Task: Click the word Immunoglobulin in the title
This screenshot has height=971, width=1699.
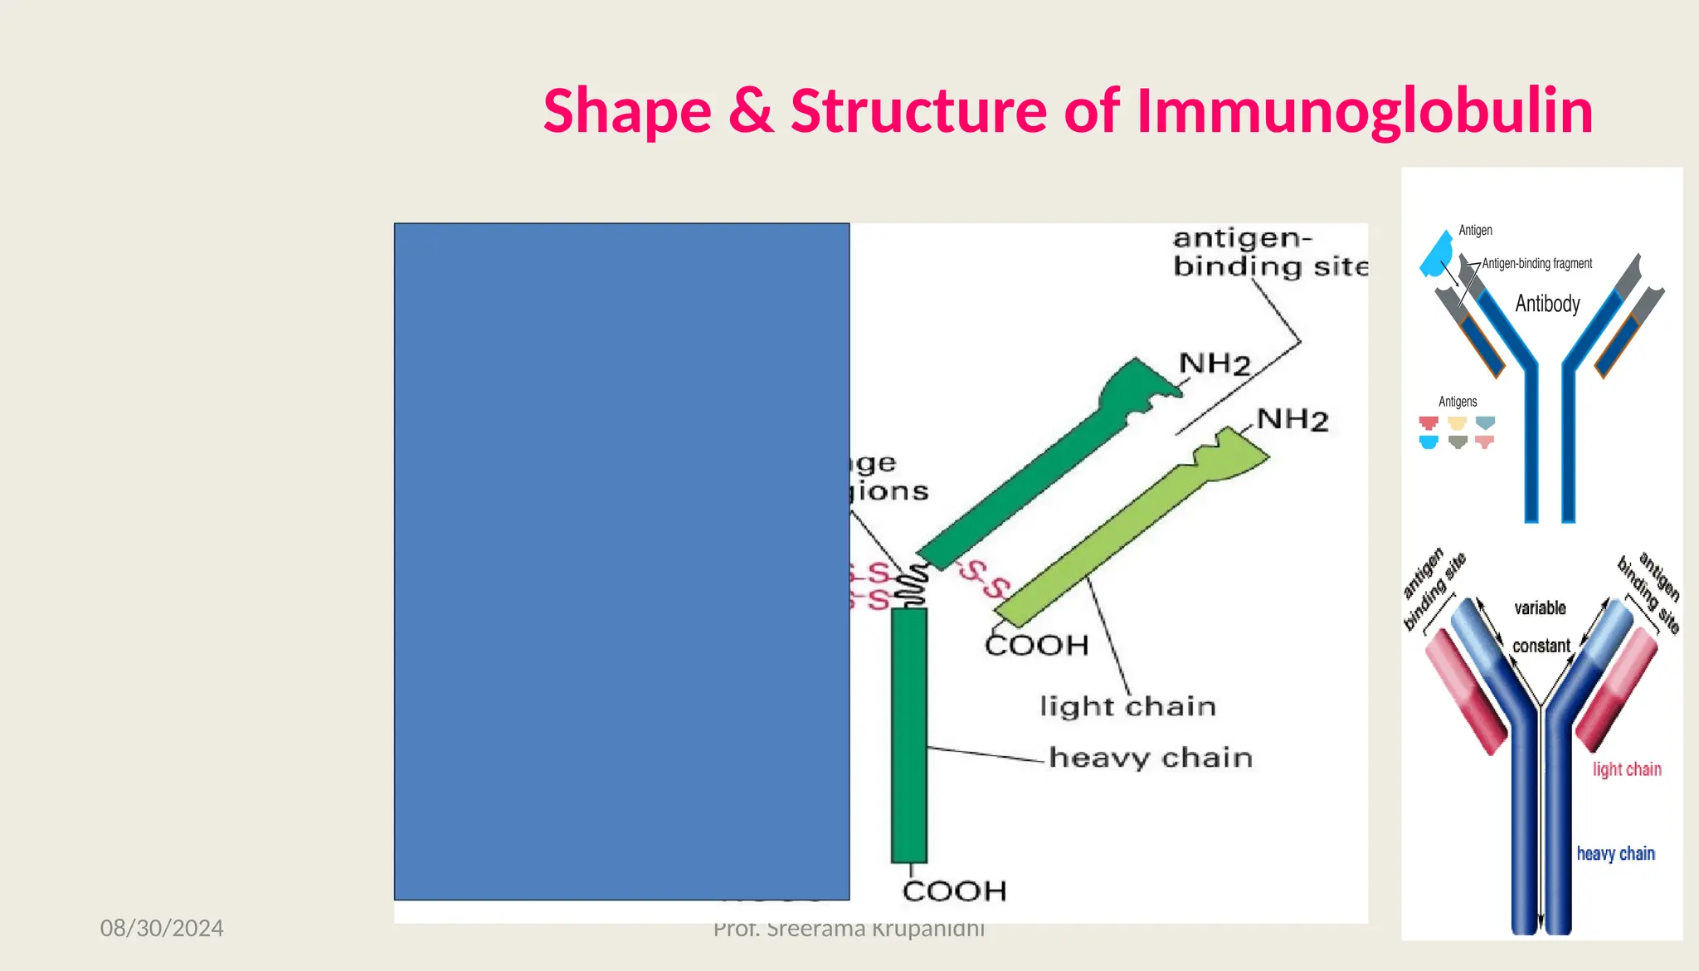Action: click(1364, 111)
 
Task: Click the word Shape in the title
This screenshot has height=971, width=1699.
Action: click(627, 111)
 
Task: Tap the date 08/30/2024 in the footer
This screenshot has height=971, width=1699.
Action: click(162, 928)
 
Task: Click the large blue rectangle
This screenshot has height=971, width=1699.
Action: click(621, 561)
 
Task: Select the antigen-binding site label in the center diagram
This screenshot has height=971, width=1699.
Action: click(1269, 252)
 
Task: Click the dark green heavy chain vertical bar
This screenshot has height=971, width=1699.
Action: click(909, 734)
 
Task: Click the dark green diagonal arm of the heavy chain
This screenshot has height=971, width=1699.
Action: click(1037, 473)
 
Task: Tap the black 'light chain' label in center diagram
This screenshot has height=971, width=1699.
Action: click(1127, 706)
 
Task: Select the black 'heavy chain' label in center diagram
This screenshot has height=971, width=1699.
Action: click(1151, 758)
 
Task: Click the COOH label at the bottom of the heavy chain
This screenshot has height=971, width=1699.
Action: click(954, 891)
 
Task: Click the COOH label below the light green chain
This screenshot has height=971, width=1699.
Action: click(1036, 645)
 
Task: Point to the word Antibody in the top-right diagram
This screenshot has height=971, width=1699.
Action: click(1547, 304)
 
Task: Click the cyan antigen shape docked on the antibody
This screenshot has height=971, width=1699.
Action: click(1436, 255)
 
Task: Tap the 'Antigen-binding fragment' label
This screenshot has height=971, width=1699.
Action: click(1536, 264)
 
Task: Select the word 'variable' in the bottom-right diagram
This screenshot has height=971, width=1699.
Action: click(1540, 608)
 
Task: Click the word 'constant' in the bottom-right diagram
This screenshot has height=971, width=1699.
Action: click(1541, 646)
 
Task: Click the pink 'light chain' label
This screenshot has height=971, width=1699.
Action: click(1626, 769)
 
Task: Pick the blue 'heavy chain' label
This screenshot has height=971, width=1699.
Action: click(1615, 854)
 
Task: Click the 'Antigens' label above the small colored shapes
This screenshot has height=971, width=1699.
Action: click(1458, 402)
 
